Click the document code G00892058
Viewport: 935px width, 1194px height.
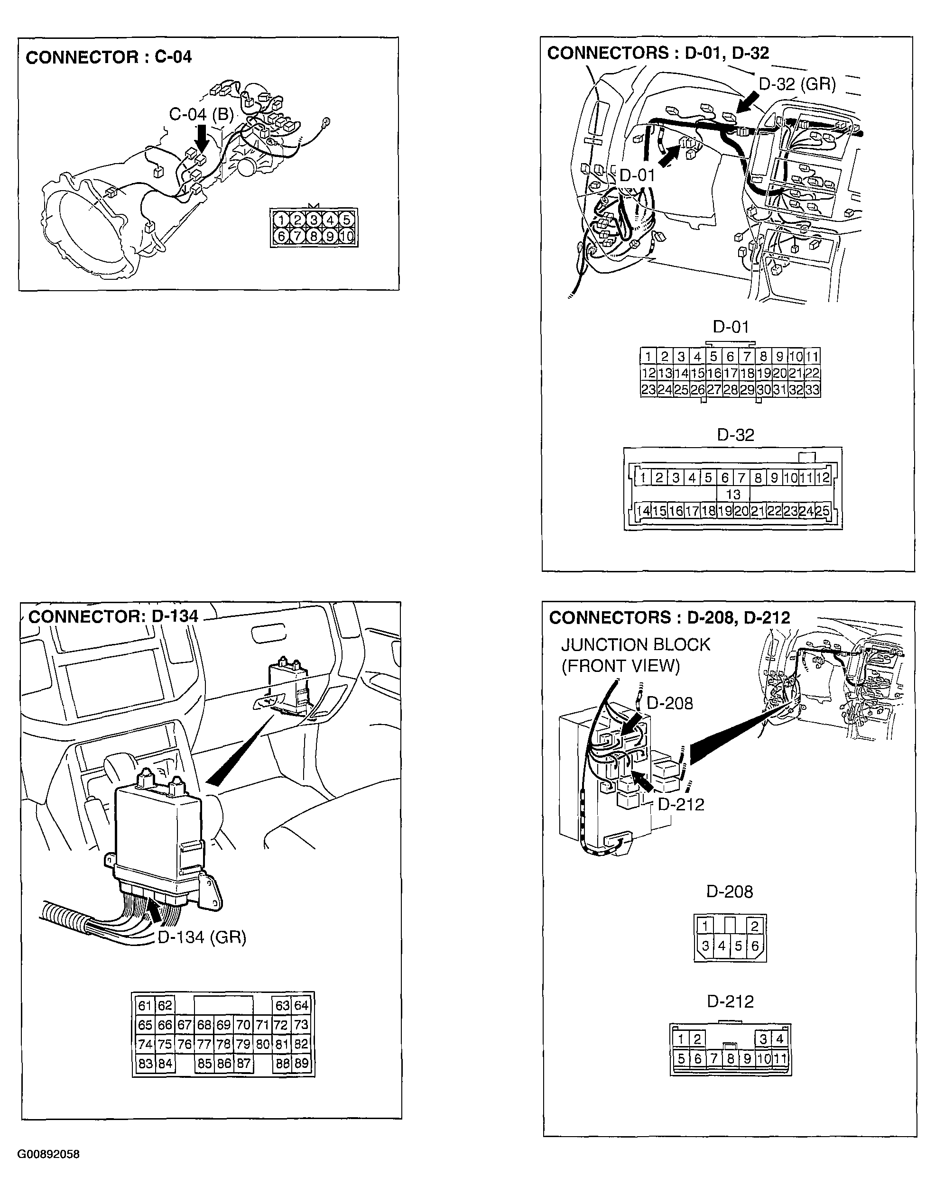coord(49,1155)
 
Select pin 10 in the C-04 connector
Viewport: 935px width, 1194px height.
coord(346,237)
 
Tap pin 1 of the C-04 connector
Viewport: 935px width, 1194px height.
coord(281,220)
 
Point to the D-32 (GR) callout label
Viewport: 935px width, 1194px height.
coord(797,84)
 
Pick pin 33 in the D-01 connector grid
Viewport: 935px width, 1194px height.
coord(813,390)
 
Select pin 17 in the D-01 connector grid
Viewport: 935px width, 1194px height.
coord(730,373)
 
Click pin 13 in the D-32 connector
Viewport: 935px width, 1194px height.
coord(733,494)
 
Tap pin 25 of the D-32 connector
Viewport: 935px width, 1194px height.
coord(823,511)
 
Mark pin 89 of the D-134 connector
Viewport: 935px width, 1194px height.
coord(301,1063)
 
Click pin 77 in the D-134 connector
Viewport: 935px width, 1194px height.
coord(204,1044)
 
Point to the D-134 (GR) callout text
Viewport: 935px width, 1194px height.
coord(202,937)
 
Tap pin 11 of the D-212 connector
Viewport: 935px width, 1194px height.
coord(779,1058)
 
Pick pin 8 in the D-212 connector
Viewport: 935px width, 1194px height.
coord(730,1058)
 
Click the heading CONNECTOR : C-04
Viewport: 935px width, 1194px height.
coord(109,57)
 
